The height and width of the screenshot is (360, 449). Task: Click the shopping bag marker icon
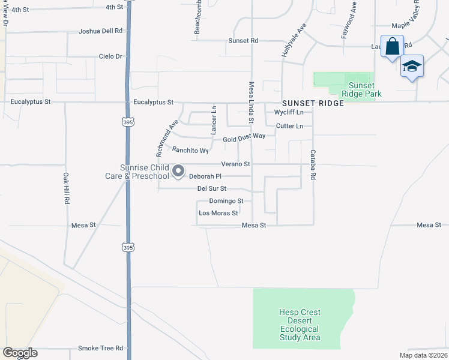[391, 46]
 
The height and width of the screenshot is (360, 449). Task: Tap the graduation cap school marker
[412, 65]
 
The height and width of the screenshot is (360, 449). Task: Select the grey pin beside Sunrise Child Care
[178, 172]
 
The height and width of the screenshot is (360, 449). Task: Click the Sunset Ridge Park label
[361, 89]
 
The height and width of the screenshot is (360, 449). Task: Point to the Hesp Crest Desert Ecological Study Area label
[300, 325]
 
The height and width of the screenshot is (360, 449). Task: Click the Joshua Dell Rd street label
[101, 31]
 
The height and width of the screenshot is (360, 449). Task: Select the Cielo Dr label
[110, 56]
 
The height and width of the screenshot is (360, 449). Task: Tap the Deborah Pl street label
[205, 176]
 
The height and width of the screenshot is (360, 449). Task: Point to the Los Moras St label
[218, 213]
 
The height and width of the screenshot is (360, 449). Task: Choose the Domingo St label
[226, 201]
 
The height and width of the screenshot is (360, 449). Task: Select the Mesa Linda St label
[252, 103]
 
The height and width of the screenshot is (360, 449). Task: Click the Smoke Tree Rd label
[100, 348]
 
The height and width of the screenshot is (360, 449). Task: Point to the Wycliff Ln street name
[289, 112]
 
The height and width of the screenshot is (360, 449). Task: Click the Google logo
[20, 353]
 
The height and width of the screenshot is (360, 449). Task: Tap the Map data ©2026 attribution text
[423, 355]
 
